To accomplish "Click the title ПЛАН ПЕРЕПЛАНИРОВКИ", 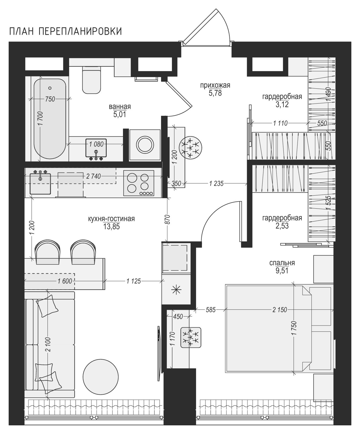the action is tap(65, 31).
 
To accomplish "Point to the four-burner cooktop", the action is tap(139, 183).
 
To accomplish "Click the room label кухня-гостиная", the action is tap(111, 219).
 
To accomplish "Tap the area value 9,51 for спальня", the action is tap(282, 270).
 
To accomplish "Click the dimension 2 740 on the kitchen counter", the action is tap(93, 177).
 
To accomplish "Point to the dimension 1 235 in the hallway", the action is tap(216, 184).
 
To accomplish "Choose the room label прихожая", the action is tap(215, 85).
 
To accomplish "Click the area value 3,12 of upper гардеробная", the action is tap(282, 104).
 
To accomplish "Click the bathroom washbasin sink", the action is tap(96, 148).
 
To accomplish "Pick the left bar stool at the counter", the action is tap(48, 252).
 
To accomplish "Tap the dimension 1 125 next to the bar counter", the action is tap(134, 281).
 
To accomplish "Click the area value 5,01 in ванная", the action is tap(120, 114).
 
